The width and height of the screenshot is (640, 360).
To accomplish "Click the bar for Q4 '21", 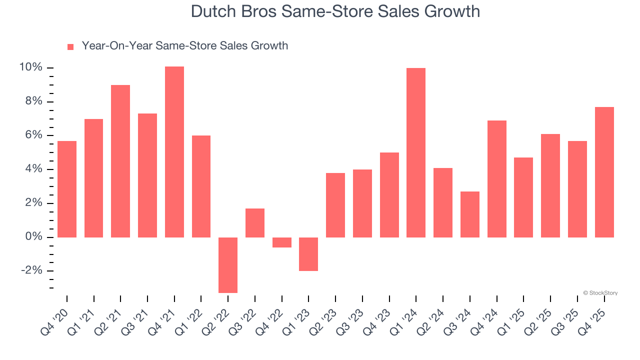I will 174,152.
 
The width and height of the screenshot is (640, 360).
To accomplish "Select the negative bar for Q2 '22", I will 228,264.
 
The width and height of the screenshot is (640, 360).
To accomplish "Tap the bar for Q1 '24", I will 416,152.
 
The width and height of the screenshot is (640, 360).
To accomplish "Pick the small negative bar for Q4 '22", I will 282,242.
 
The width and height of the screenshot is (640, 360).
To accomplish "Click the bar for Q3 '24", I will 470,214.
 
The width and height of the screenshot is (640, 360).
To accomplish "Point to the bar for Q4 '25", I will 604,172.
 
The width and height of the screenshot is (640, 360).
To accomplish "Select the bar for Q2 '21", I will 120,161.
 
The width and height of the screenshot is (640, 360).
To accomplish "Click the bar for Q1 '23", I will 308,254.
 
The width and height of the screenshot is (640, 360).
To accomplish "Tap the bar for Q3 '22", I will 255,223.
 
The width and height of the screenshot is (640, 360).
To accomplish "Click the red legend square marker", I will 70,47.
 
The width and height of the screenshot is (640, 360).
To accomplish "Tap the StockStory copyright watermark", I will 600,293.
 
